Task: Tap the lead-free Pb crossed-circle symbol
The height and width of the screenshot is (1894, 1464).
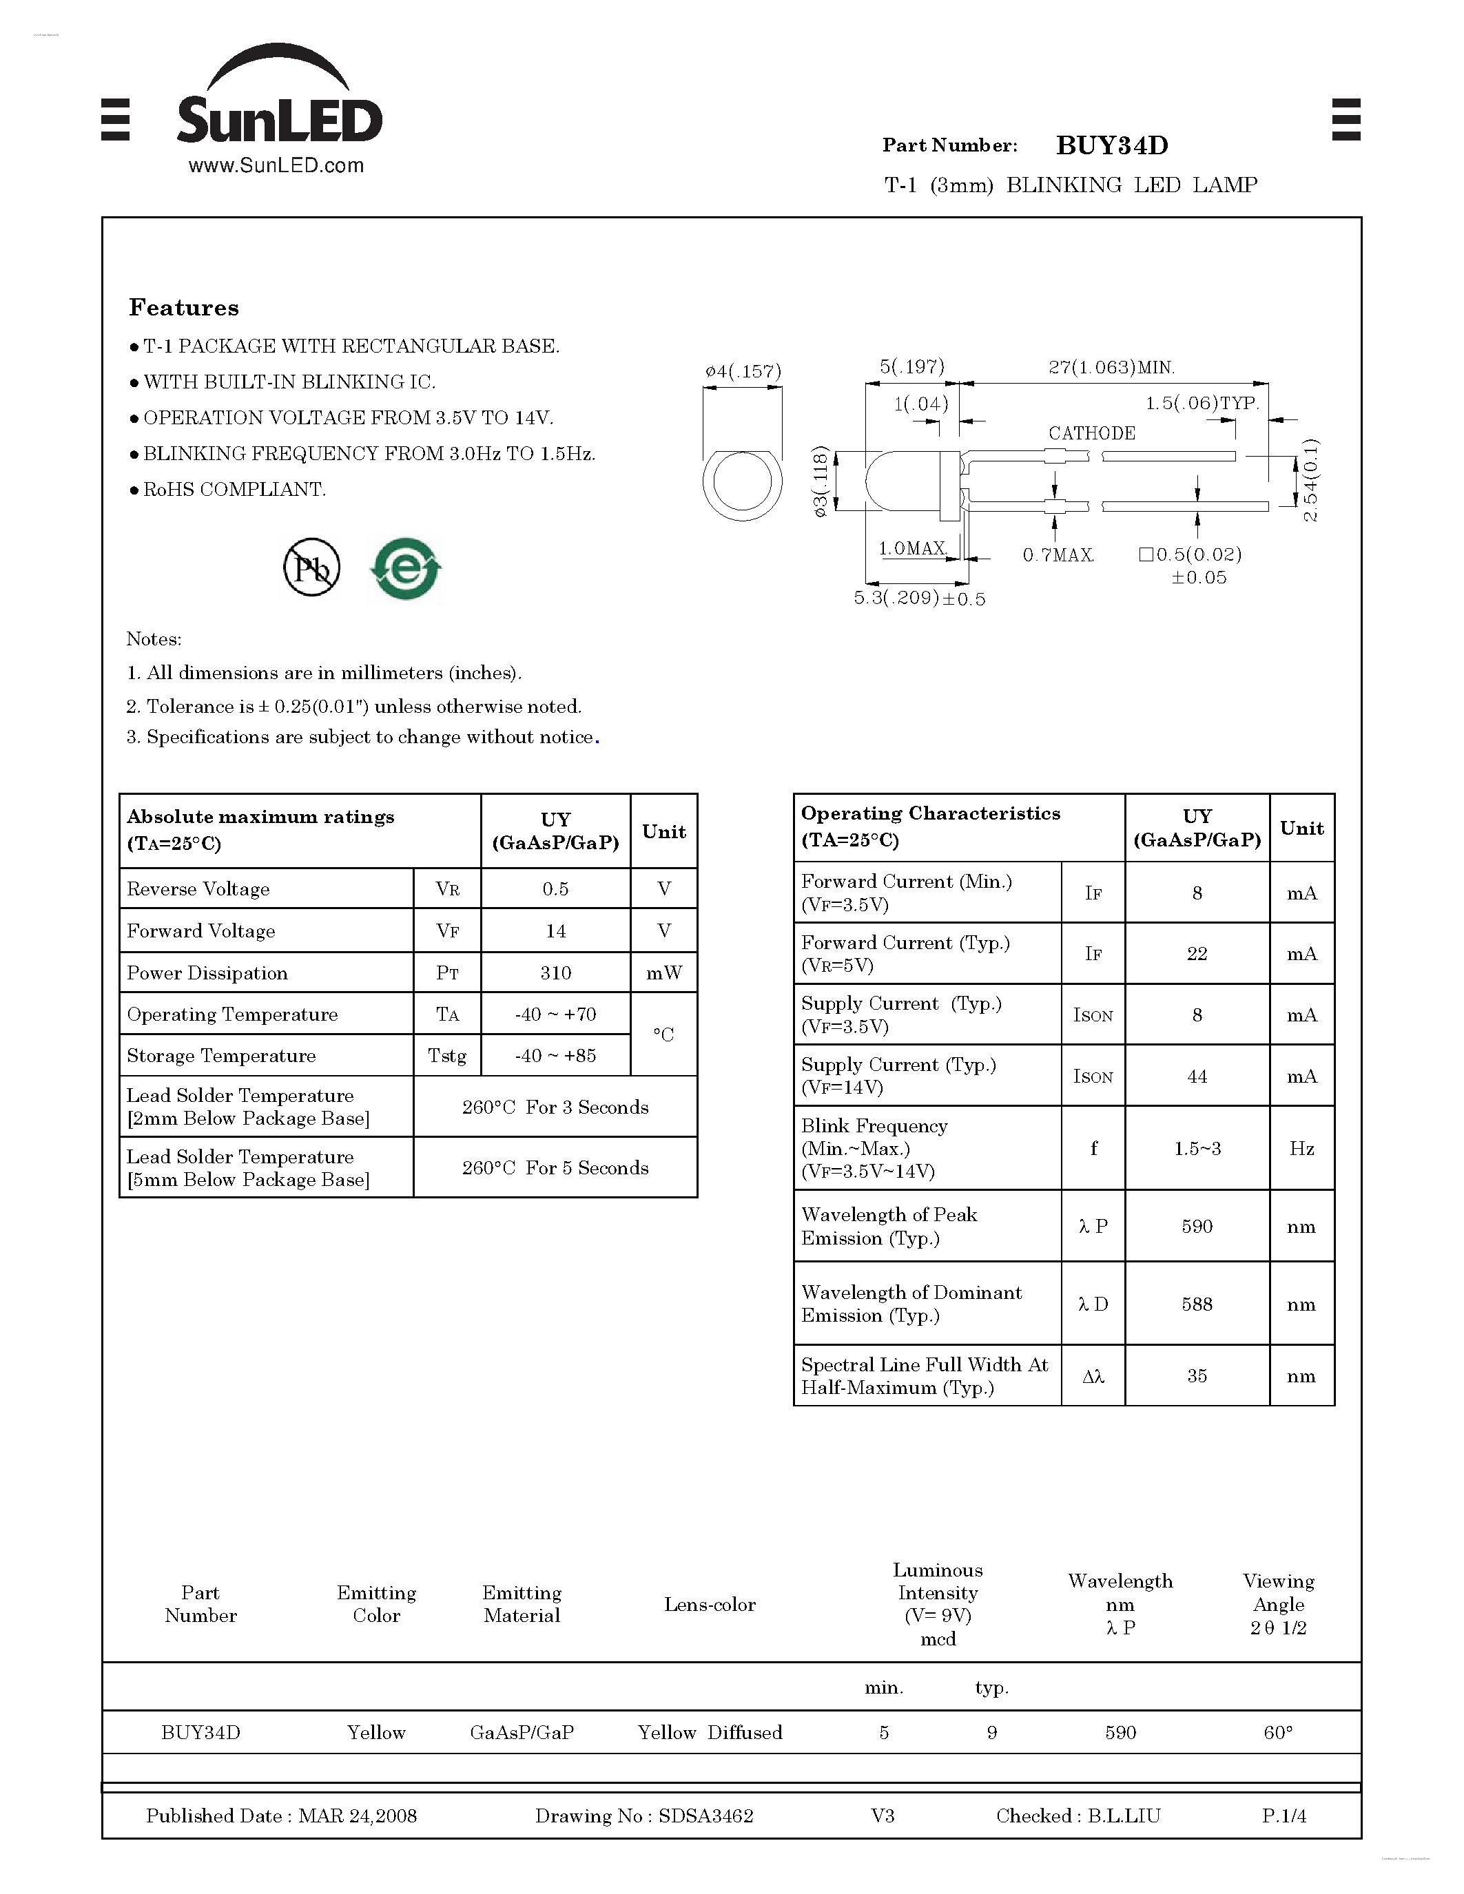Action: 311,568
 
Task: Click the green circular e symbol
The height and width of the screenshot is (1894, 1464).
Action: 405,568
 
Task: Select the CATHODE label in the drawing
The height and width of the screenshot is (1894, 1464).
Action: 1091,433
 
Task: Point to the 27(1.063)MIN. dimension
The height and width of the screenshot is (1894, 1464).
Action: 1111,368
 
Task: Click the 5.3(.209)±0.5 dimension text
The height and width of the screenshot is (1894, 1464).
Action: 919,599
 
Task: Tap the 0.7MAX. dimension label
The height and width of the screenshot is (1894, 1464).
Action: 1058,555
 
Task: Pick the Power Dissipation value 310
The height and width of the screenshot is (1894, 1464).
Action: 555,973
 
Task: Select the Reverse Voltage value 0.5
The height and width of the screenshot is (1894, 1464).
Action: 555,889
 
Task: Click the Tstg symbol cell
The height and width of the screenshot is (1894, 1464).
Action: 446,1055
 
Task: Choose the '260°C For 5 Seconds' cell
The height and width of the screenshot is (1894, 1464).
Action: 555,1167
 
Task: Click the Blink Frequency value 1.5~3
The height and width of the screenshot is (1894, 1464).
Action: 1197,1148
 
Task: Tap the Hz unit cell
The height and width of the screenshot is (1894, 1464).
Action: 1301,1148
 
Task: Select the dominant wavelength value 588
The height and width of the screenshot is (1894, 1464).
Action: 1197,1304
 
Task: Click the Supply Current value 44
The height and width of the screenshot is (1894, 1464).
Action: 1197,1076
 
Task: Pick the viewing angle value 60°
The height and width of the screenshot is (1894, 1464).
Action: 1277,1733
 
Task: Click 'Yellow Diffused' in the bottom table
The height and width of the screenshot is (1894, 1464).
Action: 710,1733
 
